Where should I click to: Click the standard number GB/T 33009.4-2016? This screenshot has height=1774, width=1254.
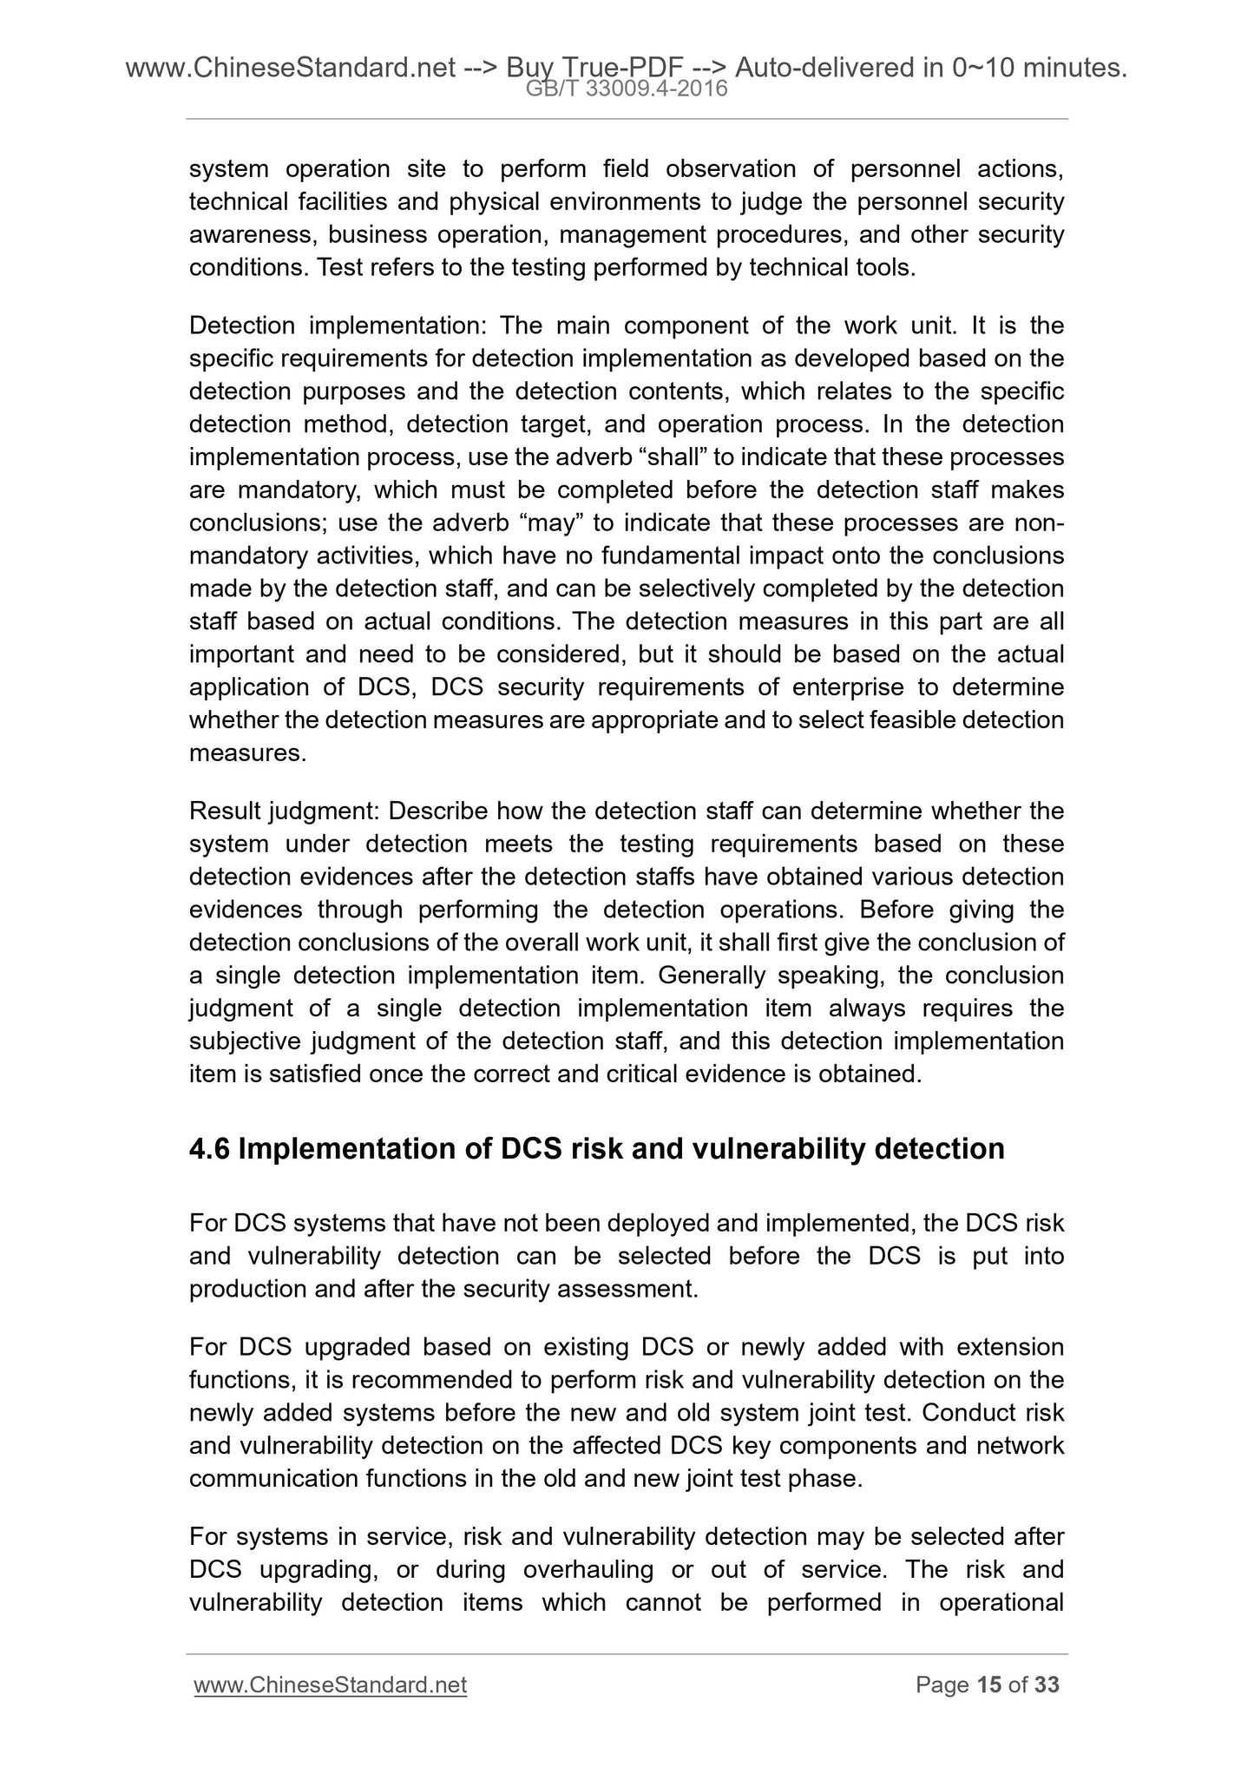tap(627, 88)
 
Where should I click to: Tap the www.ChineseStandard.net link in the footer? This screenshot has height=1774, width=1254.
tap(331, 1685)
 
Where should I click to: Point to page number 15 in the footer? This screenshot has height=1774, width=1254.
tap(988, 1685)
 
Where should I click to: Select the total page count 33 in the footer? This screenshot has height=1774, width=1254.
tap(1047, 1685)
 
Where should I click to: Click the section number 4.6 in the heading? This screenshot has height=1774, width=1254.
tap(209, 1148)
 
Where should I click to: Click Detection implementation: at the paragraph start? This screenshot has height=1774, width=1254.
tap(341, 325)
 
